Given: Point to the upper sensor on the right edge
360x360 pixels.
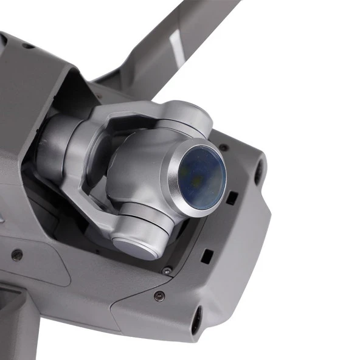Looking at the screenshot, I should click(260, 169).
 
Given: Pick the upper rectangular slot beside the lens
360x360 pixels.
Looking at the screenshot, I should click(231, 198).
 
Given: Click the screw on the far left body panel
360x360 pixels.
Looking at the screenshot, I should click(17, 255).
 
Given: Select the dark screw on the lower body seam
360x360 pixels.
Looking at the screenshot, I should click(159, 296).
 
